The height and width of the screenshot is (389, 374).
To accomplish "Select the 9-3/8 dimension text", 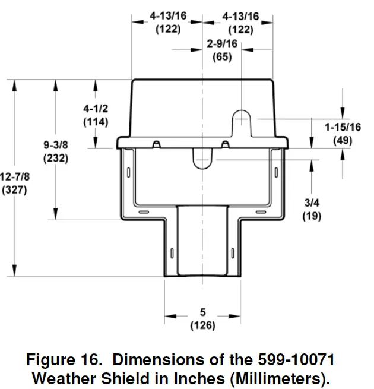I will pyautogui.click(x=56, y=145).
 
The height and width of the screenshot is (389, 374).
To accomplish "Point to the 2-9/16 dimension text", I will pyautogui.click(x=222, y=44).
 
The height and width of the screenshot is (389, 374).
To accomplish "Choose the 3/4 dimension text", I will pyautogui.click(x=311, y=204).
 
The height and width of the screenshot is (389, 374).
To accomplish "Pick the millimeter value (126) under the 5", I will pyautogui.click(x=202, y=325).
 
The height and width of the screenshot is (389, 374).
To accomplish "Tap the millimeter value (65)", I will pyautogui.click(x=222, y=57).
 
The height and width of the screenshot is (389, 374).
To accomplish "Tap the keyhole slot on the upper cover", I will pyautogui.click(x=242, y=119).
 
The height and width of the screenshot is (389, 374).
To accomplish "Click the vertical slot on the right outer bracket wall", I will pyautogui.click(x=276, y=172).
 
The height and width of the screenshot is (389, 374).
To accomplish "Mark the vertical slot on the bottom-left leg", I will pyautogui.click(x=172, y=252).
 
